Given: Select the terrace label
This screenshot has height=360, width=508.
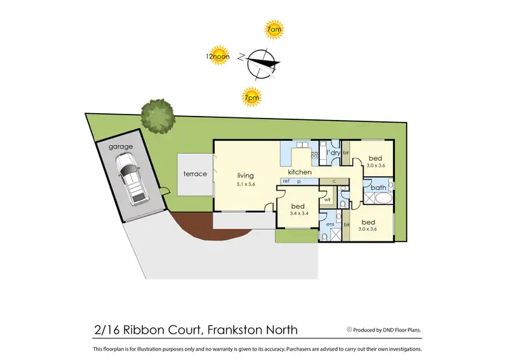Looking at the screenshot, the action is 195,174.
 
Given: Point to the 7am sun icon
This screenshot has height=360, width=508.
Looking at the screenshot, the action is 274,29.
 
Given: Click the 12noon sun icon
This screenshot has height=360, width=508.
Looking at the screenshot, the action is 219,57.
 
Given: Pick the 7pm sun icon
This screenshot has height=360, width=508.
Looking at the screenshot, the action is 253,98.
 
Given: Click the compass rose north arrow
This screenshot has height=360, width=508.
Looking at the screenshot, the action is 261,62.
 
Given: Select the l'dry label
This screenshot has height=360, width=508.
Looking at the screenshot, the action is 332,154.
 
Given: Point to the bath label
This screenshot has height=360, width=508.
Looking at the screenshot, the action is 379,187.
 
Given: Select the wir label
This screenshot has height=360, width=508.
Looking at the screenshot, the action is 326,199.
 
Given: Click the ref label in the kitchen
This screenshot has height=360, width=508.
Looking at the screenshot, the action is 286,182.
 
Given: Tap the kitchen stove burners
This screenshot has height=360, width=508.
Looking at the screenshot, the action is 314,155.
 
